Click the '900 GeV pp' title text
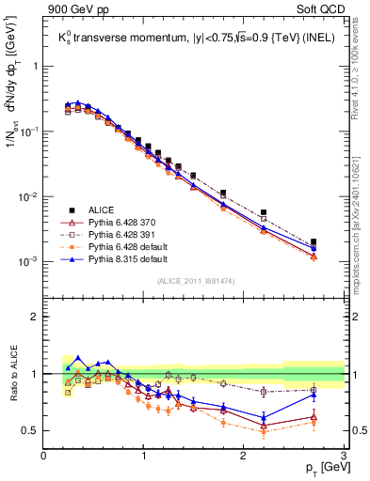(74, 10)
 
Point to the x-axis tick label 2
(244, 455)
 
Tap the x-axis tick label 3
(344, 455)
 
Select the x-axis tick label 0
(44, 455)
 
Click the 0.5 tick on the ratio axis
(31, 430)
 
